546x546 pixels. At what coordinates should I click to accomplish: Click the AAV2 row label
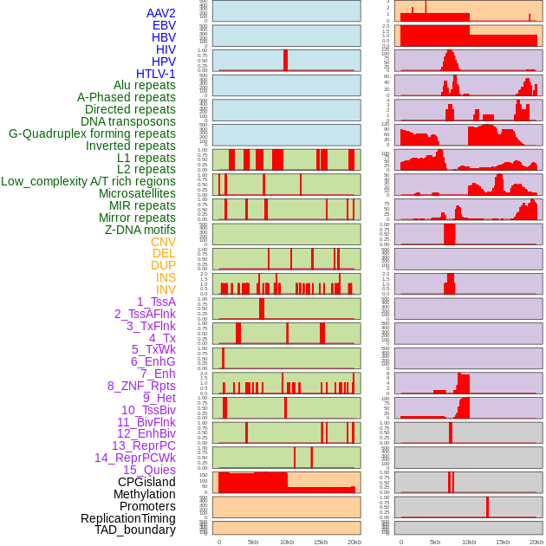coord(161,13)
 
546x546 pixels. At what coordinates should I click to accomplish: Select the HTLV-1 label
coord(156,74)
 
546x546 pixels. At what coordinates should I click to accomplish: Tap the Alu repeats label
coord(145,85)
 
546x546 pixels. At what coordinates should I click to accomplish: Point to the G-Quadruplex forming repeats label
coord(92,133)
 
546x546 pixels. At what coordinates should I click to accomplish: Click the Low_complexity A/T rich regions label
coord(88,181)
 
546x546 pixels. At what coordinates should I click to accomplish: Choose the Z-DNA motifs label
coord(140,230)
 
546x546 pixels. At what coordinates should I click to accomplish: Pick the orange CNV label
coord(163,241)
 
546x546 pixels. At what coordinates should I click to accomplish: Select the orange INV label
coord(166,289)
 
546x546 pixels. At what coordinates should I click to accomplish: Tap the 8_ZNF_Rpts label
coord(141,386)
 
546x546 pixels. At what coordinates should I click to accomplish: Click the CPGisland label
coord(146,482)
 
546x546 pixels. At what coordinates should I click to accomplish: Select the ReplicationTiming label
coord(128,518)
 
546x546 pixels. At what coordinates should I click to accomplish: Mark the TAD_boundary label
coord(135,530)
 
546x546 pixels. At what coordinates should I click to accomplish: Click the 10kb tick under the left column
coord(287,542)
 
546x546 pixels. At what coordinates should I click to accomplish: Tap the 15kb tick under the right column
coord(503,542)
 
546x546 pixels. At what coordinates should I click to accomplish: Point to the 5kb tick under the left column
coord(253,542)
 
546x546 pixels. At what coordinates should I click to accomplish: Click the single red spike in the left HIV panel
coord(285,60)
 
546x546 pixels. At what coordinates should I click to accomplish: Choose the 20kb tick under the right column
coord(536,542)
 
